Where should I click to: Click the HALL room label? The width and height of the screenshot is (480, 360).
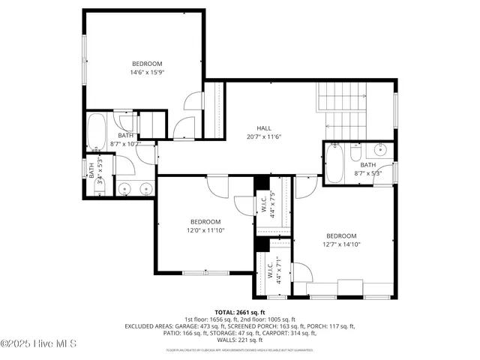click(x=264, y=128)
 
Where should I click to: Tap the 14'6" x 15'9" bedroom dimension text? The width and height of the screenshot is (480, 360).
click(x=147, y=73)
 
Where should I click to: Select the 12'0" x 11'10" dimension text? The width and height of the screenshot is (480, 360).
click(x=205, y=230)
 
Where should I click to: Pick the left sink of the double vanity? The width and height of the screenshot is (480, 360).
click(x=124, y=187)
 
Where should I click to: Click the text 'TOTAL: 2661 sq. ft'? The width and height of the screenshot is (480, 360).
click(x=240, y=312)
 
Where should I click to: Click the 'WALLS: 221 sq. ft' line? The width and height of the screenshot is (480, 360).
click(x=240, y=340)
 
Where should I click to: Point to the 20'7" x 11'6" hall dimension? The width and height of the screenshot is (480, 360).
click(x=264, y=136)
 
